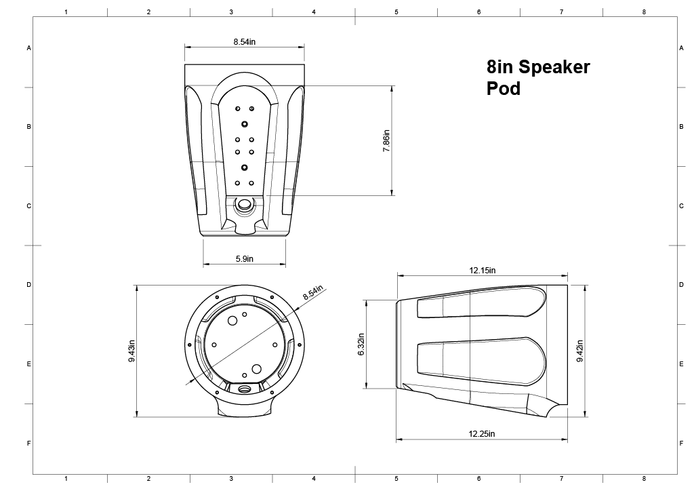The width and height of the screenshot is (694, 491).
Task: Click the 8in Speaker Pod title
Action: [x=538, y=77]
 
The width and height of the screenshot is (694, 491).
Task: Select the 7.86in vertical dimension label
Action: [x=386, y=140]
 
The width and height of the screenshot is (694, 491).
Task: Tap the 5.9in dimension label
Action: [x=245, y=258]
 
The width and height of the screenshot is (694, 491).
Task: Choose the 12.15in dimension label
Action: [x=482, y=270]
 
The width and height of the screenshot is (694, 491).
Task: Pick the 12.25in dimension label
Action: [x=482, y=434]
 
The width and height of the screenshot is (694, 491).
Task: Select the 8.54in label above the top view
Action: [x=244, y=42]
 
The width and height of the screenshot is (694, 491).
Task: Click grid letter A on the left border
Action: [x=28, y=48]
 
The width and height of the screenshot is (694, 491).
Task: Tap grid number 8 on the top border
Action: [x=644, y=12]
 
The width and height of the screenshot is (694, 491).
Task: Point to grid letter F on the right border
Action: [x=680, y=444]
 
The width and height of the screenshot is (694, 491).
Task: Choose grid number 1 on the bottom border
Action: [x=66, y=479]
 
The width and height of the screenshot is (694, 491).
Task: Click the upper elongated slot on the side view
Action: [x=482, y=303]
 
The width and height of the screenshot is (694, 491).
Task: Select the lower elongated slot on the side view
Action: [x=481, y=357]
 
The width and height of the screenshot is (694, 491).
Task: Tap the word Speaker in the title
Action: [x=554, y=67]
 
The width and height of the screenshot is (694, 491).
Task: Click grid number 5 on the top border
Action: [x=396, y=12]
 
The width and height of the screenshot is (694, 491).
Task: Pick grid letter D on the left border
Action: [x=28, y=285]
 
